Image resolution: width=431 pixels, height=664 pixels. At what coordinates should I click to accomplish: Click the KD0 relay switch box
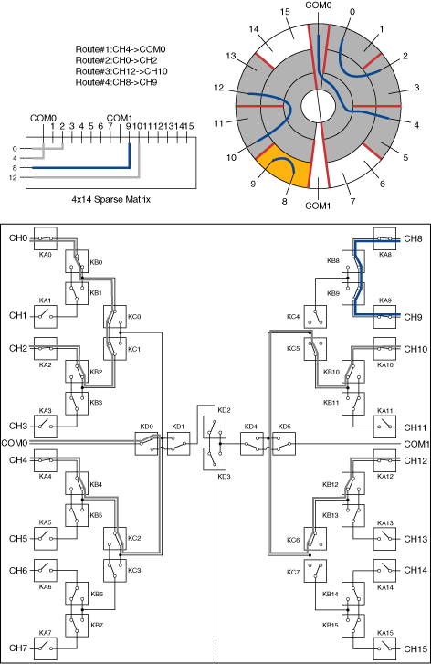[146, 443]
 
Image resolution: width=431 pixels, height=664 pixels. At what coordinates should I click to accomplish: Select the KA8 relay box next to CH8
[384, 238]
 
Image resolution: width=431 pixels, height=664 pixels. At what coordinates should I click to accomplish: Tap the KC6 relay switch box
[315, 539]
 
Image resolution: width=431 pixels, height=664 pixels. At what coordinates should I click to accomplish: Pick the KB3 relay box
[77, 403]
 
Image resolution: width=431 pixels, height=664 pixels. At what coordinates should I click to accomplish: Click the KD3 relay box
[215, 459]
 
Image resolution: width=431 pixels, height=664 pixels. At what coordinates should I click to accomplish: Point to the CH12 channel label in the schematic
[415, 460]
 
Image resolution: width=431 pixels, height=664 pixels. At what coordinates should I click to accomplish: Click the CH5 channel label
[18, 539]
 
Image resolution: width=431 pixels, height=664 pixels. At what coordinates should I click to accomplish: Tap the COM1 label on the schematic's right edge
[417, 444]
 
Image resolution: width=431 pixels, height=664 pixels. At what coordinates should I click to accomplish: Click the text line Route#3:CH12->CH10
[119, 71]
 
